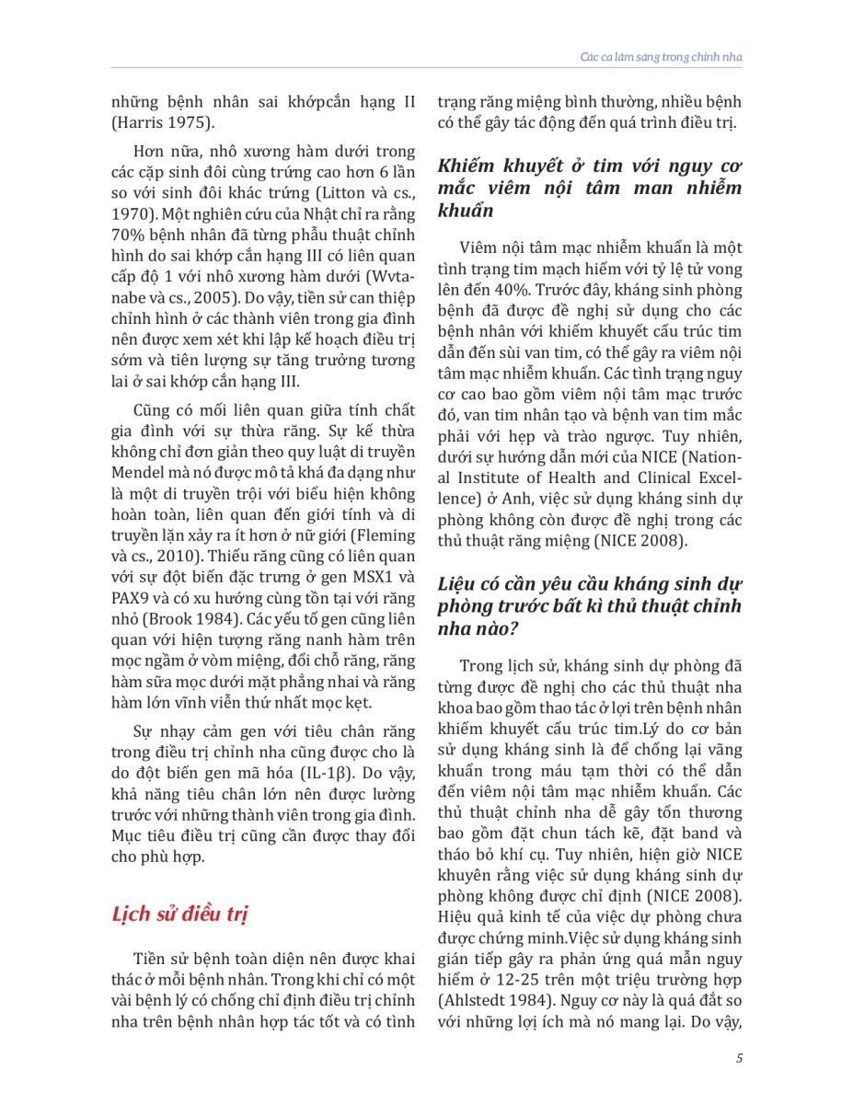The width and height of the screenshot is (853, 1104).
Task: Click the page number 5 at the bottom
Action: coord(740,1058)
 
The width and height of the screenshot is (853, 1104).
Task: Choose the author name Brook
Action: coord(213,620)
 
